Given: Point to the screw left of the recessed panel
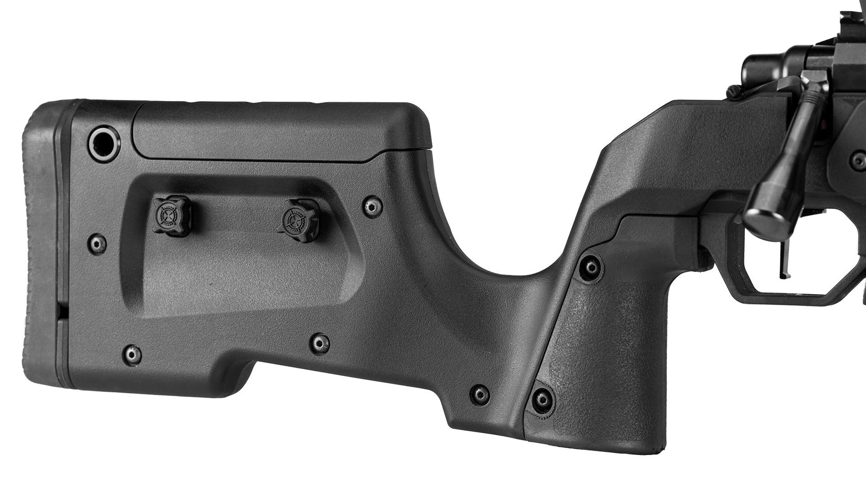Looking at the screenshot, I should [97, 243].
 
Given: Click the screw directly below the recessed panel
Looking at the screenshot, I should [319, 343].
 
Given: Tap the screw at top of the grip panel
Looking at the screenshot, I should [590, 267].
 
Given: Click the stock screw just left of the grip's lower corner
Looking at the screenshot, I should [479, 394].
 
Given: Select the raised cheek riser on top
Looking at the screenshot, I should [279, 131].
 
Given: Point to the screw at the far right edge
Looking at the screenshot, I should [859, 158].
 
